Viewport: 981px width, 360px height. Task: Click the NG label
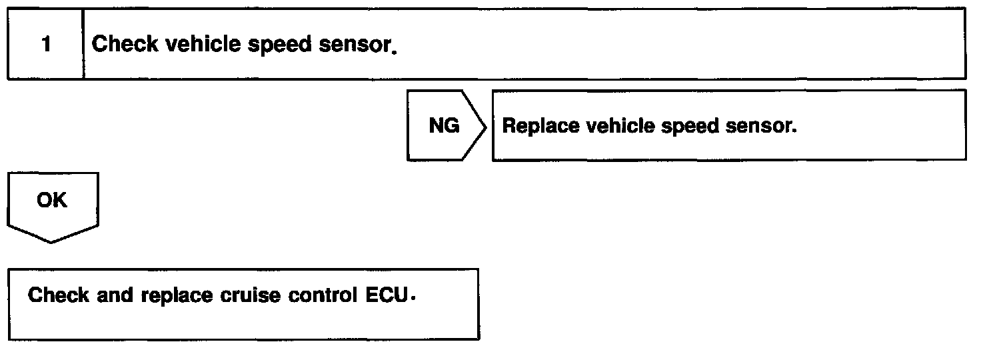click(x=444, y=126)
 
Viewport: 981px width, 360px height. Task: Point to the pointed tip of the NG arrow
click(x=486, y=126)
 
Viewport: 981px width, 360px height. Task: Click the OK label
click(x=52, y=200)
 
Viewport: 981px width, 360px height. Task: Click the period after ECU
click(x=413, y=299)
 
